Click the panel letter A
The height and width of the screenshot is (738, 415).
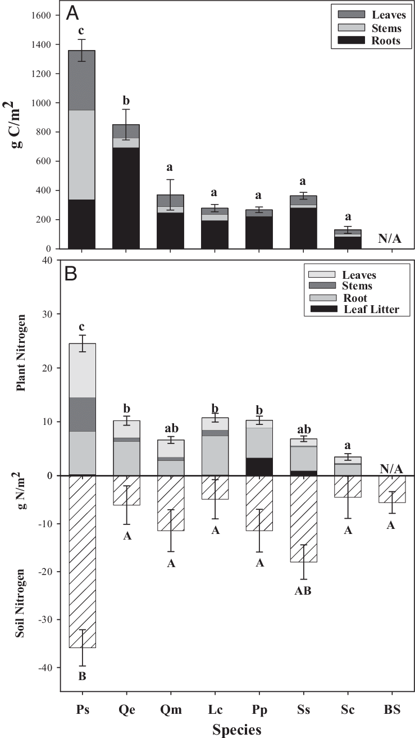click(74, 13)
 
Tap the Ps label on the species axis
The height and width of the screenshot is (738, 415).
click(82, 709)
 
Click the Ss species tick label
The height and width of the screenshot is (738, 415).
click(303, 709)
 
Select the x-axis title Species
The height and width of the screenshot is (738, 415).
click(236, 729)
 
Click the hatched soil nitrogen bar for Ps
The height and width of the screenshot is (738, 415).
click(82, 562)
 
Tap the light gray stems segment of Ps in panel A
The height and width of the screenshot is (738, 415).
click(82, 155)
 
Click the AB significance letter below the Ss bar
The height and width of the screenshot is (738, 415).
click(303, 591)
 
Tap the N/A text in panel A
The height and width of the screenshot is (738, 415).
click(390, 239)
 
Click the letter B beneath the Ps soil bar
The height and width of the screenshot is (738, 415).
click(82, 676)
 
